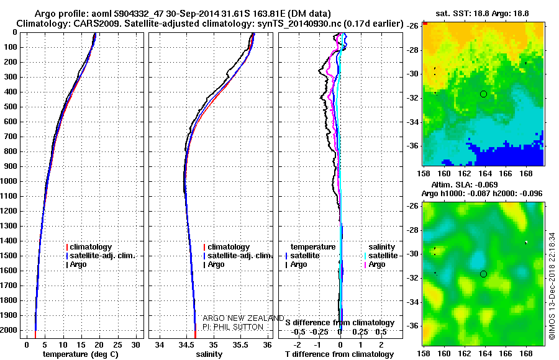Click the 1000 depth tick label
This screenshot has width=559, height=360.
pos(10,181)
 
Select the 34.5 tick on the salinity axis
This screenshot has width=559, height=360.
pos(186,344)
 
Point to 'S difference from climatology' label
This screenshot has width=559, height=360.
pos(340,323)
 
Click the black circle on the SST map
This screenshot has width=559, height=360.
pos(483,94)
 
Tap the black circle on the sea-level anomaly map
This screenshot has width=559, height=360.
pos(483,274)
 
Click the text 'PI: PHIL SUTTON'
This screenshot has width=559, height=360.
pos(233,327)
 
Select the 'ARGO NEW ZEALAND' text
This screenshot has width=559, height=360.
pos(239,318)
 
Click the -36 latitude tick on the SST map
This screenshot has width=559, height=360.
pos(411,146)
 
